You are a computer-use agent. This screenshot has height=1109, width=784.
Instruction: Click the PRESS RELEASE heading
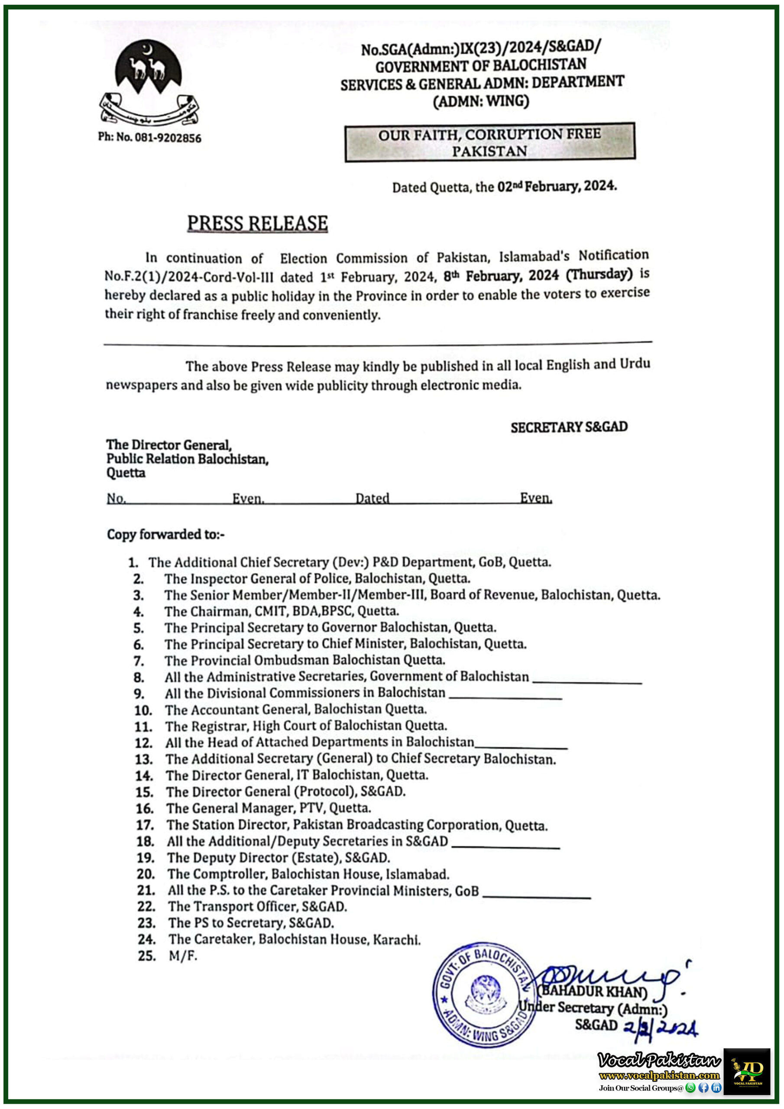tap(257, 224)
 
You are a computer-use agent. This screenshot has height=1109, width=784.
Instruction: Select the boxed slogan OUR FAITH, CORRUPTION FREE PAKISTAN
tap(489, 142)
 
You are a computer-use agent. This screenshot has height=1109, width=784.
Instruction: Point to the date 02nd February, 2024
tap(557, 186)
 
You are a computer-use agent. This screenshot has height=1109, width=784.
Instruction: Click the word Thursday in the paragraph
tap(599, 274)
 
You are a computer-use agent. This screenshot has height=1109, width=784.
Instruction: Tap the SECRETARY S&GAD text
tap(569, 427)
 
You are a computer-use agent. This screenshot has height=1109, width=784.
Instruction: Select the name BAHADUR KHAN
tap(593, 991)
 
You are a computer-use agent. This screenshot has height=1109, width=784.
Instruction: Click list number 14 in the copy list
tap(144, 776)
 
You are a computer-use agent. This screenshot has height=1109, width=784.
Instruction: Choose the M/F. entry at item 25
tap(183, 955)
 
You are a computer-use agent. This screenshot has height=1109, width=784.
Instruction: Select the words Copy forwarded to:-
tap(166, 534)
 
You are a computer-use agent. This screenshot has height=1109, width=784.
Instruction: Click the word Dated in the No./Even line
tap(372, 498)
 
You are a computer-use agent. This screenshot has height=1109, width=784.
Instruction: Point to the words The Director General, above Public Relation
tap(169, 444)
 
